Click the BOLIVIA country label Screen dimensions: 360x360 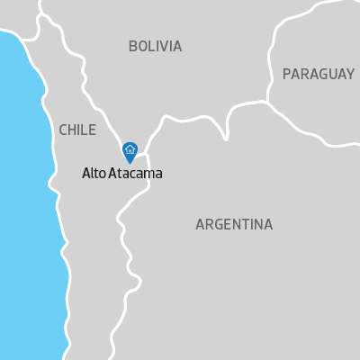pyautogui.click(x=155, y=47)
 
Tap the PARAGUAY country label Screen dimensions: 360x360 pyautogui.click(x=318, y=74)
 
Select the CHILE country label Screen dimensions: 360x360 pyautogui.click(x=77, y=130)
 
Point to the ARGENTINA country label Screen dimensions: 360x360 pyautogui.click(x=234, y=224)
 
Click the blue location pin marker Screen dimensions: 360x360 pyautogui.click(x=130, y=151)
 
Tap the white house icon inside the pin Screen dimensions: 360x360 pyautogui.click(x=130, y=149)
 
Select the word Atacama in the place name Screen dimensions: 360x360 pyautogui.click(x=135, y=174)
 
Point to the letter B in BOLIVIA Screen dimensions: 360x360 pyautogui.click(x=133, y=47)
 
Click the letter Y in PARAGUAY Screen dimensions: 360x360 pyautogui.click(x=350, y=74)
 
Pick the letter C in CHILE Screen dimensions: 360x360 pyautogui.click(x=63, y=130)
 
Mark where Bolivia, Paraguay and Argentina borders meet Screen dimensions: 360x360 pyautogui.click(x=267, y=102)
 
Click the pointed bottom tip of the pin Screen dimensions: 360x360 pyautogui.click(x=130, y=163)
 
